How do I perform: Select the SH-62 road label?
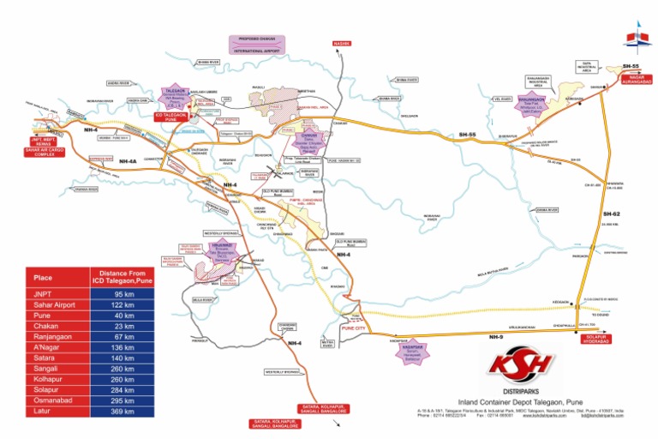click(x=610, y=213)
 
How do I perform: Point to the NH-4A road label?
click(x=128, y=160)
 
